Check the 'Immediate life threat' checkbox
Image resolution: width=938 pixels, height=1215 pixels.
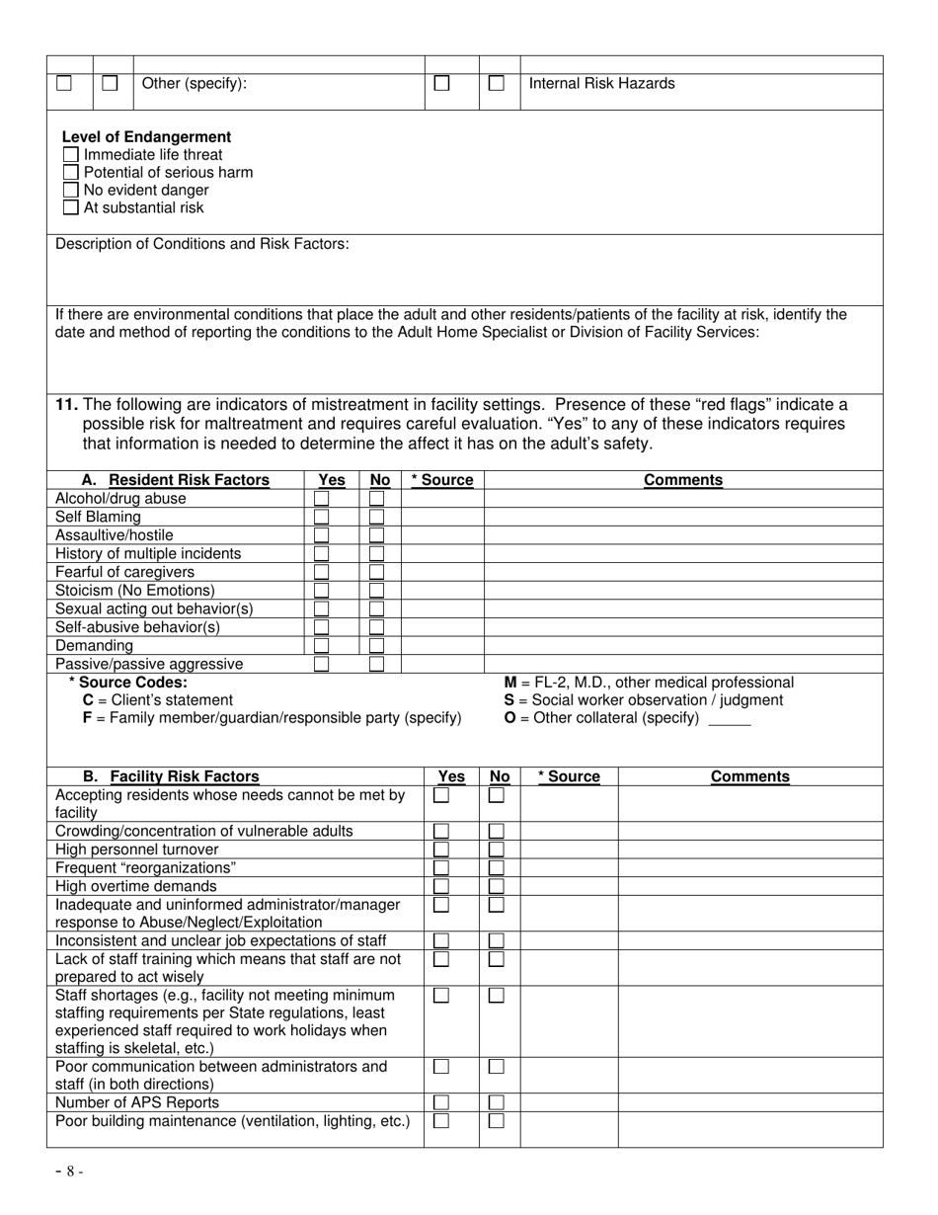(x=70, y=155)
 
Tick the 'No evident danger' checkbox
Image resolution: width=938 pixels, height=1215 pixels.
(x=70, y=191)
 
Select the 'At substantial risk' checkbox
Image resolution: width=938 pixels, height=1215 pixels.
(x=70, y=208)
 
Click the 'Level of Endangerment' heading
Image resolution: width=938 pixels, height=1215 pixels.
(x=146, y=137)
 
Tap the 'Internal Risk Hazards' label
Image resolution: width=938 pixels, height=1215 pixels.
(x=602, y=84)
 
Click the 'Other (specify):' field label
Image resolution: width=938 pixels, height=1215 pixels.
(x=195, y=84)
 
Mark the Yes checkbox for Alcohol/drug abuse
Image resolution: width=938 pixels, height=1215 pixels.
(x=322, y=499)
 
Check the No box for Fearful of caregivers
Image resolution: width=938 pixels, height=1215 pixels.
(x=377, y=572)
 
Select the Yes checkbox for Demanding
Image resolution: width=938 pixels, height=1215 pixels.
(x=322, y=646)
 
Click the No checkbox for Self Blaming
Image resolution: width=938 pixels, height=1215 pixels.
(x=377, y=517)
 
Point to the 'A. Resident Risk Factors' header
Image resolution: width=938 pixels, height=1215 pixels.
(x=175, y=480)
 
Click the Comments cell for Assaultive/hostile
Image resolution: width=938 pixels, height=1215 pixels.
(x=682, y=535)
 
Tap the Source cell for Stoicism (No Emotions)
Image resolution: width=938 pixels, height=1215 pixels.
(x=441, y=591)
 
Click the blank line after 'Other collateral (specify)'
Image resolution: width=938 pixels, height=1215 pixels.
(x=730, y=720)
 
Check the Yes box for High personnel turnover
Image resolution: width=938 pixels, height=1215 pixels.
(x=441, y=850)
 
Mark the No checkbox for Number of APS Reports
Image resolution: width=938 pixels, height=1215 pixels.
(x=497, y=1102)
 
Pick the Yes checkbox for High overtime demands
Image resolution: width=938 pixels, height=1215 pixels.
(x=441, y=886)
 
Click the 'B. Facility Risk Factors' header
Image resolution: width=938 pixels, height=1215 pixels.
(x=171, y=776)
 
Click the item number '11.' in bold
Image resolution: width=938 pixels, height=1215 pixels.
(x=67, y=405)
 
